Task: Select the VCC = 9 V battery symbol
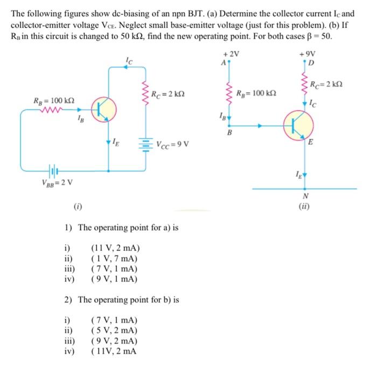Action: [144, 144]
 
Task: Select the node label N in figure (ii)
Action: [306, 196]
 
